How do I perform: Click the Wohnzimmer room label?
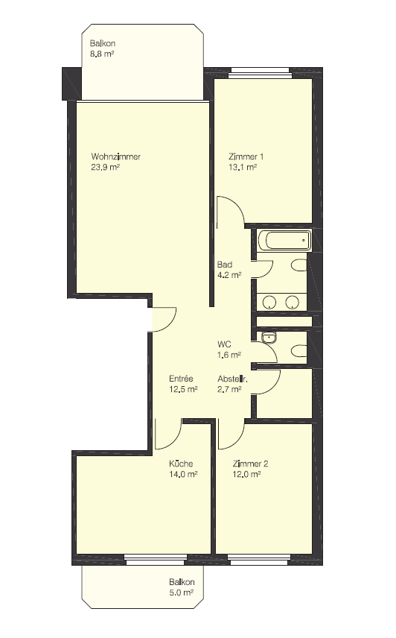coord(116,157)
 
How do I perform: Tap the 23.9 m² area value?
coord(105,167)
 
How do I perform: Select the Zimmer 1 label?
coord(246,157)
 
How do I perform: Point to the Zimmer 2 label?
coord(250,464)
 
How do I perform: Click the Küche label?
coord(181,464)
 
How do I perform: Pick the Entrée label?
coord(181,379)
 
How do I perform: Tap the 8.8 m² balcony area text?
coord(101,54)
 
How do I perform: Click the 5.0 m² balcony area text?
coord(181,593)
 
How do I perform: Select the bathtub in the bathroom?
coord(284,241)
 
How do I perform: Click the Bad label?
coord(225,265)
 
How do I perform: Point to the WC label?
coord(224,344)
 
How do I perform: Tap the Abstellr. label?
coord(232,379)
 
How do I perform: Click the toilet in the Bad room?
coord(299,266)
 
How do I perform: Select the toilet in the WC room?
coord(299,351)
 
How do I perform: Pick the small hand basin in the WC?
coord(269,338)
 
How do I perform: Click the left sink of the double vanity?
coord(269,303)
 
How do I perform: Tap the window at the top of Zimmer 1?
coord(259,75)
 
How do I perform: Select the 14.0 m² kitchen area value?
coord(183,474)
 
